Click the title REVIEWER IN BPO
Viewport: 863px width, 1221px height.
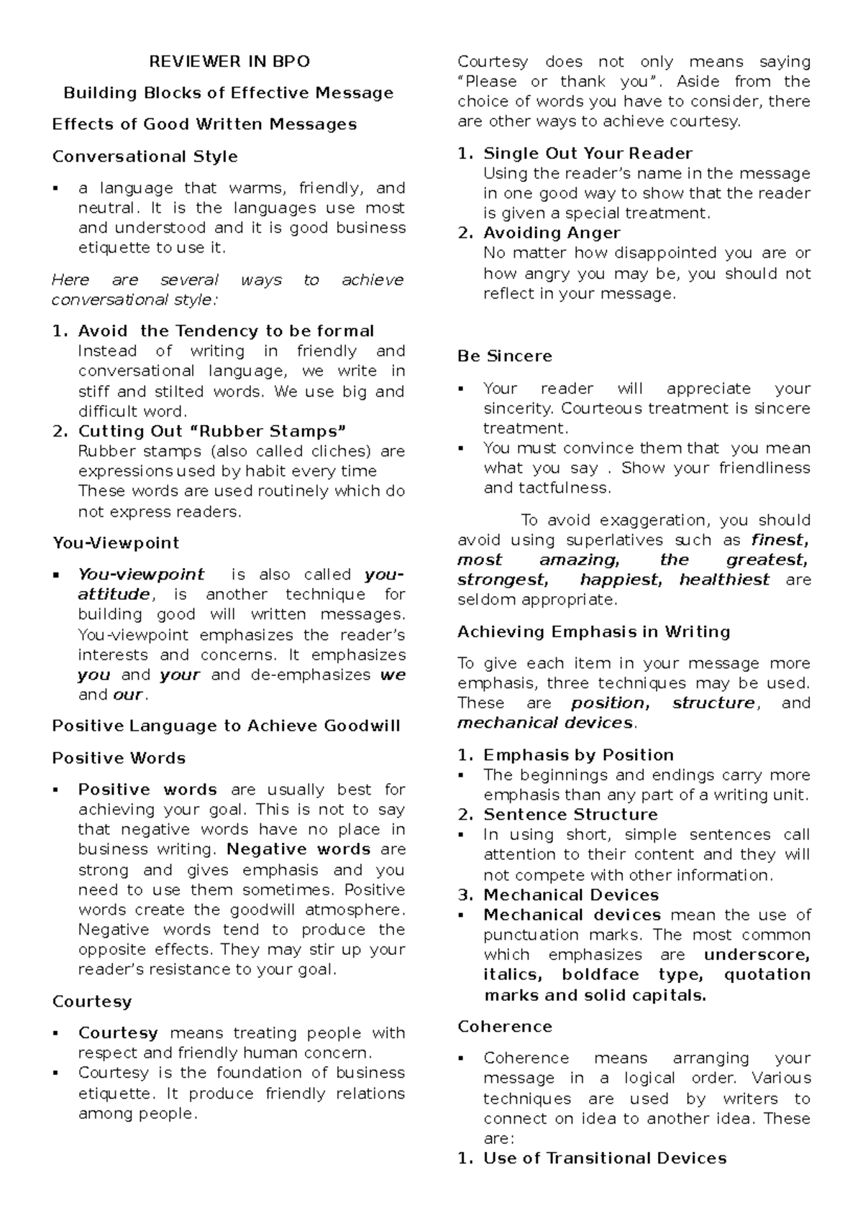pyautogui.click(x=229, y=62)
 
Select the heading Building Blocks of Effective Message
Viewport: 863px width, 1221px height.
pyautogui.click(x=229, y=93)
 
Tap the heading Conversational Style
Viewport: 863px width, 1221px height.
pyautogui.click(x=145, y=156)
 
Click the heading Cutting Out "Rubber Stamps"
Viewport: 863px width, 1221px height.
pyautogui.click(x=211, y=431)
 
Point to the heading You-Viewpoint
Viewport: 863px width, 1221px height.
pyautogui.click(x=116, y=543)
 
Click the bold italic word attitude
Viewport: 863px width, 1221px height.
pyautogui.click(x=114, y=595)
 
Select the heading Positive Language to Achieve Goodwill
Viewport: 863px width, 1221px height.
pyautogui.click(x=226, y=726)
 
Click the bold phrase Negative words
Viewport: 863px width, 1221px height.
pyautogui.click(x=298, y=849)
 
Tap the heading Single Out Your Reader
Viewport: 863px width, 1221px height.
pyautogui.click(x=588, y=153)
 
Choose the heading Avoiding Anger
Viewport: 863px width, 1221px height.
pyautogui.click(x=552, y=233)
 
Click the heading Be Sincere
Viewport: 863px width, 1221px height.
pyautogui.click(x=505, y=356)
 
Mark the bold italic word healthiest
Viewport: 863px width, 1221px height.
pyautogui.click(x=724, y=580)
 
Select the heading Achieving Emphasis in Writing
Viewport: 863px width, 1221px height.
pyautogui.click(x=594, y=631)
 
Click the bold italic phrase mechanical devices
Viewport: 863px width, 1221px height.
pyautogui.click(x=545, y=723)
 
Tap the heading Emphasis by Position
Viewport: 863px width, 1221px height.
pyautogui.click(x=578, y=755)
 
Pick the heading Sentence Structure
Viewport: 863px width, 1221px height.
pyautogui.click(x=570, y=815)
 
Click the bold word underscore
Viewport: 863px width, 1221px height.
pyautogui.click(x=757, y=955)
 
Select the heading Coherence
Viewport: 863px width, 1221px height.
pyautogui.click(x=505, y=1026)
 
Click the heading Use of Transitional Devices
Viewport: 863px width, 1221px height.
pyautogui.click(x=604, y=1158)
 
